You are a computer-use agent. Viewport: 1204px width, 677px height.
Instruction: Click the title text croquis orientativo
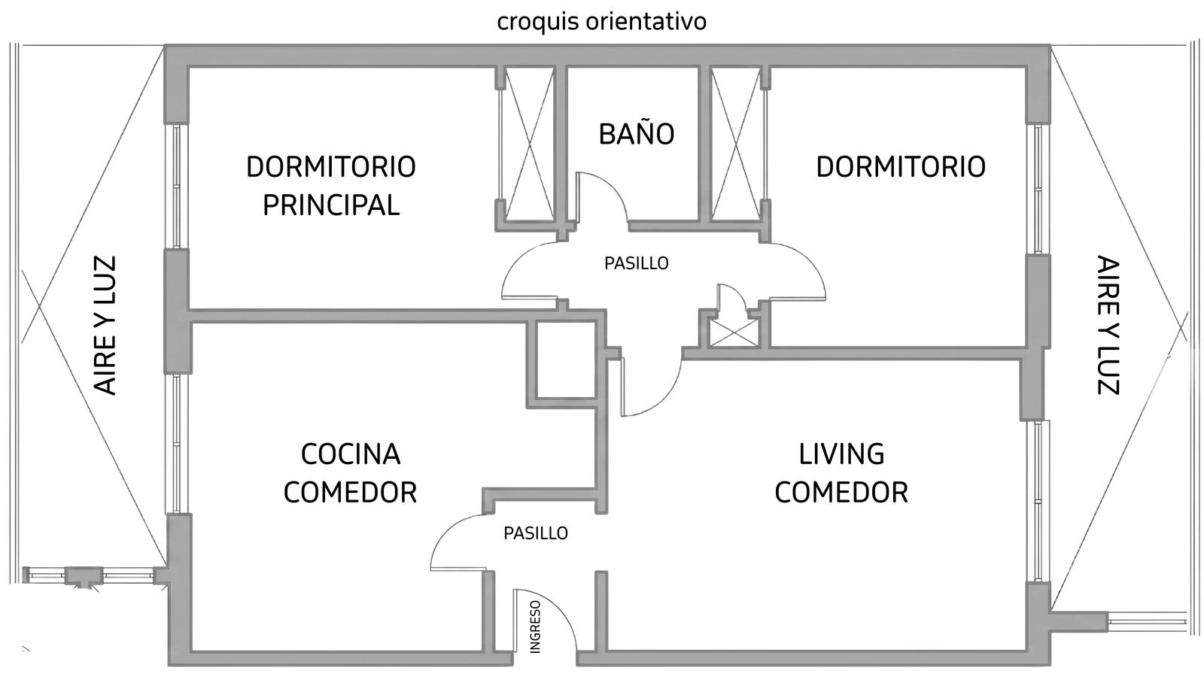click(601, 22)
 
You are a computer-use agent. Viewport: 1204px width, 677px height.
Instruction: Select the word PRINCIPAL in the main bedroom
click(331, 205)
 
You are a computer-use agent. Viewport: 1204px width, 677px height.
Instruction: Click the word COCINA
click(351, 454)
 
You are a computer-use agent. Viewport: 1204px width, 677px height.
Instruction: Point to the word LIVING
click(841, 454)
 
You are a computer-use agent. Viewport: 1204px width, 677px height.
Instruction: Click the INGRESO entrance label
click(535, 627)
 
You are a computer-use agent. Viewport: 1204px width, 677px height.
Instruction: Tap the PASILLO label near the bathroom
click(637, 263)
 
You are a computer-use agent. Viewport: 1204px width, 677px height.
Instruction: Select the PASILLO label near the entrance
click(535, 533)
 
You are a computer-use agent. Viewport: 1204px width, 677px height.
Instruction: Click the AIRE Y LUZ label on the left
click(105, 326)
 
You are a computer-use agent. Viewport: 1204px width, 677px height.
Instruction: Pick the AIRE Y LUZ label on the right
click(1108, 325)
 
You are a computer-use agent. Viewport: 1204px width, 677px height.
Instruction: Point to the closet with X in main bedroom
click(530, 144)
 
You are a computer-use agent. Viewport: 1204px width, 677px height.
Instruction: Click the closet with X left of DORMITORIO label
click(736, 144)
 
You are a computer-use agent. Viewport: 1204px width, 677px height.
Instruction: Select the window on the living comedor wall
click(1038, 501)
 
